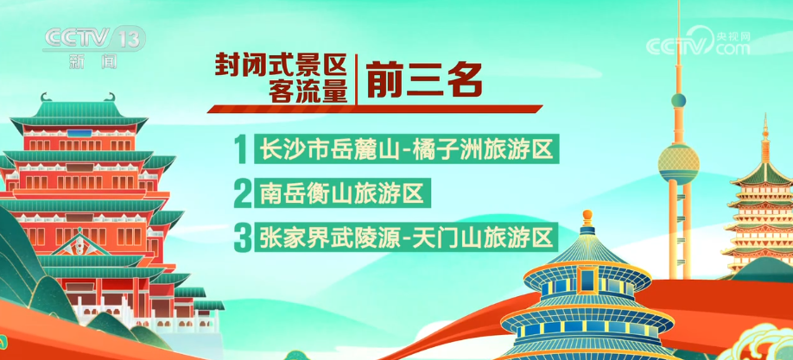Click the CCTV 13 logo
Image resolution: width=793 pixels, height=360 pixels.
(x=94, y=39)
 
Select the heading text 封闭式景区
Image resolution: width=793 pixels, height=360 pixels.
(x=282, y=66)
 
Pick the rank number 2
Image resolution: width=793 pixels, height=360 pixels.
(x=243, y=193)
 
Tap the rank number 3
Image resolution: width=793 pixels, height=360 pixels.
(x=243, y=238)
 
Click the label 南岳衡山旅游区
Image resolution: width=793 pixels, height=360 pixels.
(x=342, y=193)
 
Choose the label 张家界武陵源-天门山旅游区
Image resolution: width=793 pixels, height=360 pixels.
(x=406, y=237)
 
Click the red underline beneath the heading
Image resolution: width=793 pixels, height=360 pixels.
(x=375, y=109)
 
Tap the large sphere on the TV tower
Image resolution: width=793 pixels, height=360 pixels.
(x=678, y=164)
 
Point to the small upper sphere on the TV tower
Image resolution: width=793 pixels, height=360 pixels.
(x=678, y=99)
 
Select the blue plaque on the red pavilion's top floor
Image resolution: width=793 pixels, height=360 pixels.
(x=79, y=134)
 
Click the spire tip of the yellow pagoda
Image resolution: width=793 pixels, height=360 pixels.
(x=764, y=117)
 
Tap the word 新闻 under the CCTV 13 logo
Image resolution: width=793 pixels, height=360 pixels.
(x=93, y=61)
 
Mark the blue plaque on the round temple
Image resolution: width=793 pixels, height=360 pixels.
(x=587, y=280)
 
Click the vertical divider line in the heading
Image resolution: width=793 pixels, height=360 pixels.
(x=357, y=79)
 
